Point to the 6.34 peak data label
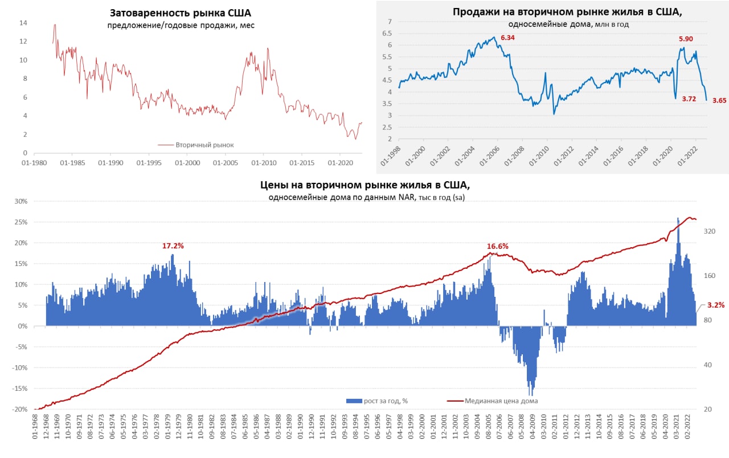click(507, 38)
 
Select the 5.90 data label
click(686, 39)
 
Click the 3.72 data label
click(689, 99)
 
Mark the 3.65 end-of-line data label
click(719, 100)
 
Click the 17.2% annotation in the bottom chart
click(173, 246)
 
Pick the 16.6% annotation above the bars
click(497, 246)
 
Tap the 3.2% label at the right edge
click(716, 305)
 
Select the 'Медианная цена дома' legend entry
click(501, 400)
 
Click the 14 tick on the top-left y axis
click(23, 23)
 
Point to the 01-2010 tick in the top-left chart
click(263, 162)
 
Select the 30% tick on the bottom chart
click(21, 201)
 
